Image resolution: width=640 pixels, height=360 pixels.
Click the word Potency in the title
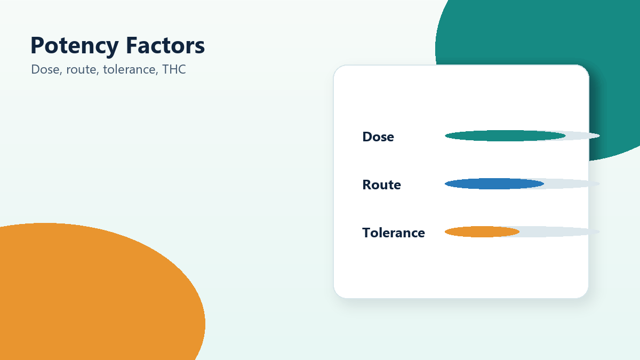click(x=75, y=46)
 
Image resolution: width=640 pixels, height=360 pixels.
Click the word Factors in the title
click(x=165, y=45)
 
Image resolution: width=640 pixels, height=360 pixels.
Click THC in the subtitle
click(x=174, y=69)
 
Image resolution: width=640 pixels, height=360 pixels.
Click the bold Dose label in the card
click(x=378, y=137)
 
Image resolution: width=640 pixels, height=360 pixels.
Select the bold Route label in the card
click(x=381, y=185)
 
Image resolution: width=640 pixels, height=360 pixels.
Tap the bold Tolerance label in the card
click(x=394, y=233)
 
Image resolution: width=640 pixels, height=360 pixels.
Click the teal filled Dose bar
click(x=505, y=135)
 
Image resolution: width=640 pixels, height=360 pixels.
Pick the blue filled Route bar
click(x=494, y=183)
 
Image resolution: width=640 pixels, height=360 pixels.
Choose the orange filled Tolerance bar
click(x=482, y=231)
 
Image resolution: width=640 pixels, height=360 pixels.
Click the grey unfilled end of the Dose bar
click(x=583, y=135)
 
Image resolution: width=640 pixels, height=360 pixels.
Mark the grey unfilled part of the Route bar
click(x=571, y=183)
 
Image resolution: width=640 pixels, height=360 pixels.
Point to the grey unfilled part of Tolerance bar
click(x=559, y=231)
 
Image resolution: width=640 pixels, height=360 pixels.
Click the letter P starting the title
click(x=37, y=45)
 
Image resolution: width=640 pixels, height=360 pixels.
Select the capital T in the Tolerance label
click(x=366, y=233)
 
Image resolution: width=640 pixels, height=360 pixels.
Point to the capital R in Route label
click(x=367, y=185)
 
